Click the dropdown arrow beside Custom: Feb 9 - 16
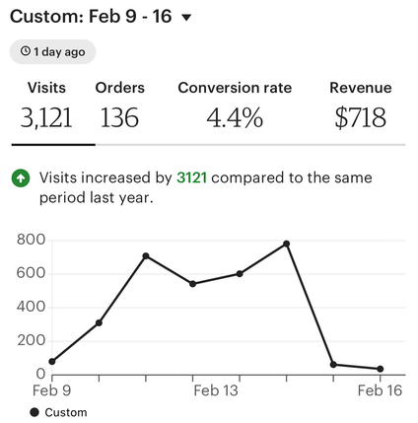point(187,17)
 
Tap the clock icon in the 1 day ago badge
point(26,51)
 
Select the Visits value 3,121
point(46,118)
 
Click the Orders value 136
point(119,118)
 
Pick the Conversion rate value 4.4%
point(235,118)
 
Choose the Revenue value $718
point(360,118)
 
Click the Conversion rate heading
point(235,88)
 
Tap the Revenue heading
point(360,88)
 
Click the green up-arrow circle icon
point(20,178)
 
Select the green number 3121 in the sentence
point(192,178)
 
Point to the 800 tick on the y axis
point(32,240)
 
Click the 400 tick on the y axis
point(32,307)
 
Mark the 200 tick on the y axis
point(32,340)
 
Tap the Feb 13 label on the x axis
point(216,390)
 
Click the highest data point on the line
point(287,244)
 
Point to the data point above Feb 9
point(52,362)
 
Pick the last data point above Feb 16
point(381,369)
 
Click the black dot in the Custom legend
point(35,412)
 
